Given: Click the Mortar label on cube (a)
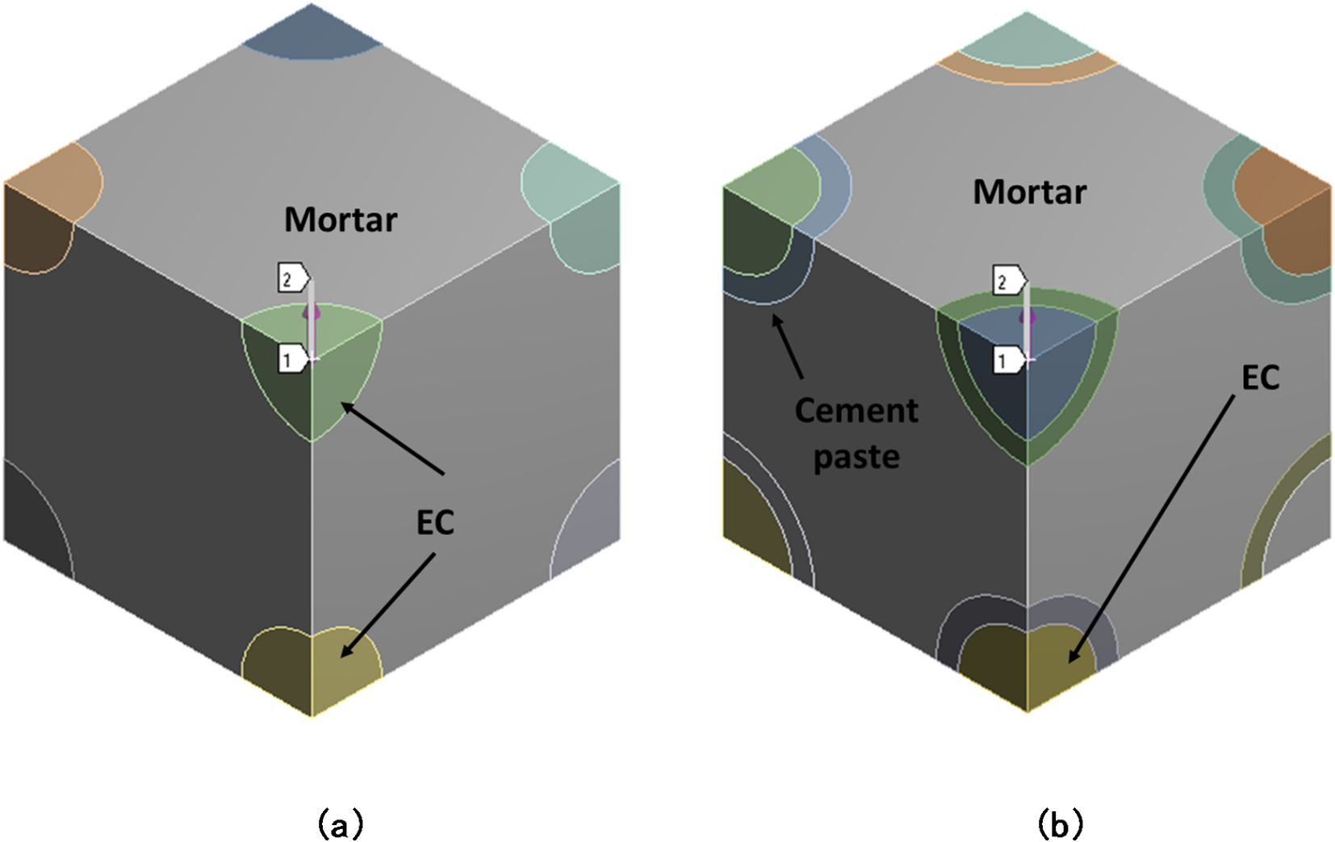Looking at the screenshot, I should point(341,220).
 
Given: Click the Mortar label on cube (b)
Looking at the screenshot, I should point(1029,192).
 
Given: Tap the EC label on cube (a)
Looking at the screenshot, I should point(435,523).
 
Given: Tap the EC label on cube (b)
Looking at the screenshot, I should point(1260,377).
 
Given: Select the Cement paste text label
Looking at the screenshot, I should point(856,434).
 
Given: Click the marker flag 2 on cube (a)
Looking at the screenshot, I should point(291,279).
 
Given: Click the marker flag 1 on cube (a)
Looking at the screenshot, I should point(291,358).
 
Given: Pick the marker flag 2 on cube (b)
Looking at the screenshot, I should point(1006,282).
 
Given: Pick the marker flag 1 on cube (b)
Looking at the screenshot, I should point(1006,360).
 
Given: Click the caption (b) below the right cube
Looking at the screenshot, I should point(1059,824).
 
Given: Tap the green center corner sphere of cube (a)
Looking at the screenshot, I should point(312,379).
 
